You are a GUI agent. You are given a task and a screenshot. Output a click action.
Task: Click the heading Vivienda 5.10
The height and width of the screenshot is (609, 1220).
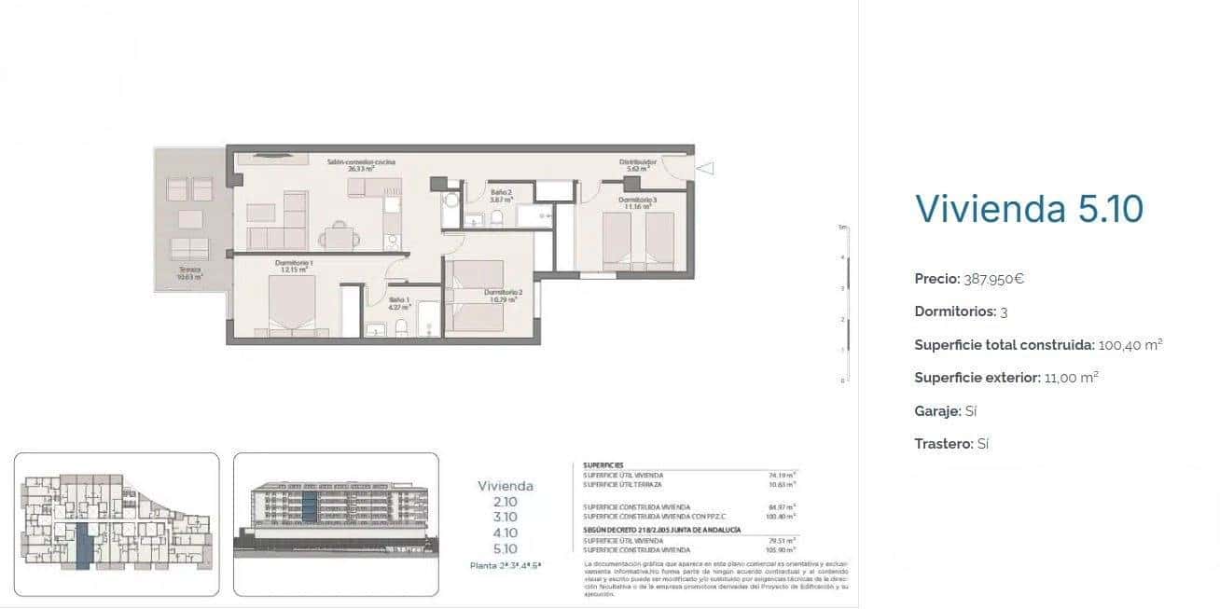coord(1029,209)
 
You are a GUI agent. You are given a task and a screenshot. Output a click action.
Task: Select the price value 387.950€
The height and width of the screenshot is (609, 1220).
coord(994,279)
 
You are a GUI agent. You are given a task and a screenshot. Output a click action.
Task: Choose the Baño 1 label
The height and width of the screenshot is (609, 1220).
coord(399,300)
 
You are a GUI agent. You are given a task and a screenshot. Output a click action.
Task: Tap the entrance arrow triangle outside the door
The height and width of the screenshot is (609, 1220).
coord(706,169)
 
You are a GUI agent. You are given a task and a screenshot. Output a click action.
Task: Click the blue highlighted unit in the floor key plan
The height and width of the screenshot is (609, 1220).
coord(83,545)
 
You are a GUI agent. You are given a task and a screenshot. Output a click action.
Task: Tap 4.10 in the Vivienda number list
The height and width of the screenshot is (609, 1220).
coord(505,533)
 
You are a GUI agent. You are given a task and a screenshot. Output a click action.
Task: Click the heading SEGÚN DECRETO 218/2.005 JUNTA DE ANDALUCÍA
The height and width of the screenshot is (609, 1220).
coord(661,530)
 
